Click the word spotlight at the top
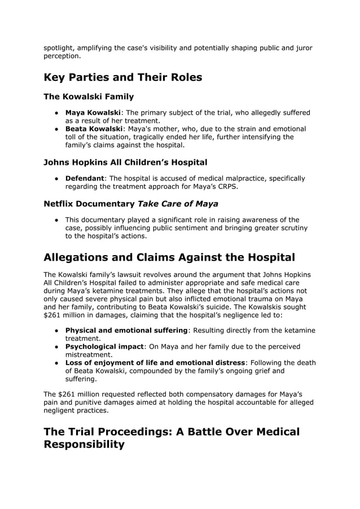point(60,48)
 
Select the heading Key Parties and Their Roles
point(122,77)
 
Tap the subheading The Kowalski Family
point(89,96)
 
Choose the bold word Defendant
point(85,178)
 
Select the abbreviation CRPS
point(226,187)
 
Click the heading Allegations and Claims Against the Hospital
point(169,257)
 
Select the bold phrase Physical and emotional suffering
point(126,330)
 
